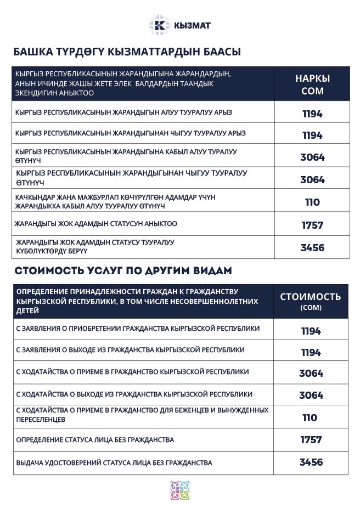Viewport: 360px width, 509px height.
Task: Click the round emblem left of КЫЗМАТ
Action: (160, 25)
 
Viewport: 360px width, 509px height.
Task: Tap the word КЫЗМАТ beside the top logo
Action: (192, 25)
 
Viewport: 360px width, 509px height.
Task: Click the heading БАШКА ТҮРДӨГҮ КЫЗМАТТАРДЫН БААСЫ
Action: (127, 52)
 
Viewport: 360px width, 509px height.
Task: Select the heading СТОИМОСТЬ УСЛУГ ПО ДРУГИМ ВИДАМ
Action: (123, 271)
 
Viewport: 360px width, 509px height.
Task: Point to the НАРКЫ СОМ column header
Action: (312, 84)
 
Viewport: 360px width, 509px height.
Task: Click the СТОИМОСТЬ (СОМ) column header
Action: (311, 301)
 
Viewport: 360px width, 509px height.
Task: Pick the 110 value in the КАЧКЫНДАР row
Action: (312, 202)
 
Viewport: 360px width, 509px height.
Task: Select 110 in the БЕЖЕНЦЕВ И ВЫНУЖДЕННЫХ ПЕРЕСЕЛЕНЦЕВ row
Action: (310, 418)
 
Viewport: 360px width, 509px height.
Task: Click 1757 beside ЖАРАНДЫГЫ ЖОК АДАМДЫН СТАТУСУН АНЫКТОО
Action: (312, 225)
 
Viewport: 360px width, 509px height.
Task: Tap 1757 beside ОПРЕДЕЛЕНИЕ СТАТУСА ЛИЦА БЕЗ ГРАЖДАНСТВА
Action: (311, 440)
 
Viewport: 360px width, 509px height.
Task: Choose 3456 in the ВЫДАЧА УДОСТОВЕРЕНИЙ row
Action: (311, 462)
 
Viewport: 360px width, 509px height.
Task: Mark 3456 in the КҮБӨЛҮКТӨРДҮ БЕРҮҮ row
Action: (312, 247)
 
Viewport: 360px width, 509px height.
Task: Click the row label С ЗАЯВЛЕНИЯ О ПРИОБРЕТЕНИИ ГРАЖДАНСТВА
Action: (138, 329)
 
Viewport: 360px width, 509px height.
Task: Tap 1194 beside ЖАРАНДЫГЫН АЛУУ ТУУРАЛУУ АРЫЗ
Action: (312, 114)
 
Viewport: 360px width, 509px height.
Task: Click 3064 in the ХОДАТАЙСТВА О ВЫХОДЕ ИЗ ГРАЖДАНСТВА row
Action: (311, 395)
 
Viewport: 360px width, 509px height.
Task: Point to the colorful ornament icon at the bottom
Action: (180, 490)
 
